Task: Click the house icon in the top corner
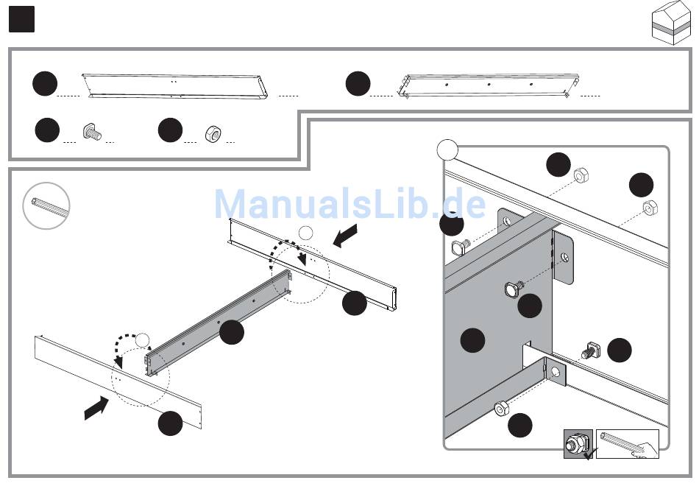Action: (x=670, y=22)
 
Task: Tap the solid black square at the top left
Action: (x=21, y=19)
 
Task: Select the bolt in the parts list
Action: (x=92, y=132)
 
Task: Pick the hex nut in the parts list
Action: (x=213, y=133)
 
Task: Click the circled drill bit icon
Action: (x=46, y=205)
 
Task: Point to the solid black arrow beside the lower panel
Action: (x=96, y=407)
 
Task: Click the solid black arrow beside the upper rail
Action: (x=345, y=235)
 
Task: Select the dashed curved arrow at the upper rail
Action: (x=285, y=250)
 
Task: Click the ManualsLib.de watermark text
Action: (x=350, y=204)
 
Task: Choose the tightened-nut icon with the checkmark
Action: (x=578, y=444)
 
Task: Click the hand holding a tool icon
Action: (x=628, y=444)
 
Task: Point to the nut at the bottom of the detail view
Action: (x=502, y=408)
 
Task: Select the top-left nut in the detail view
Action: (x=581, y=175)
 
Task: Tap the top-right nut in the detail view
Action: (x=650, y=208)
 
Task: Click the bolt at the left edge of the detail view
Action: (x=461, y=247)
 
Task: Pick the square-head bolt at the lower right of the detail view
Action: (x=592, y=350)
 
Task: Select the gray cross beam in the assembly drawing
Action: (x=219, y=322)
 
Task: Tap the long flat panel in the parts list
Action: (x=175, y=87)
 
